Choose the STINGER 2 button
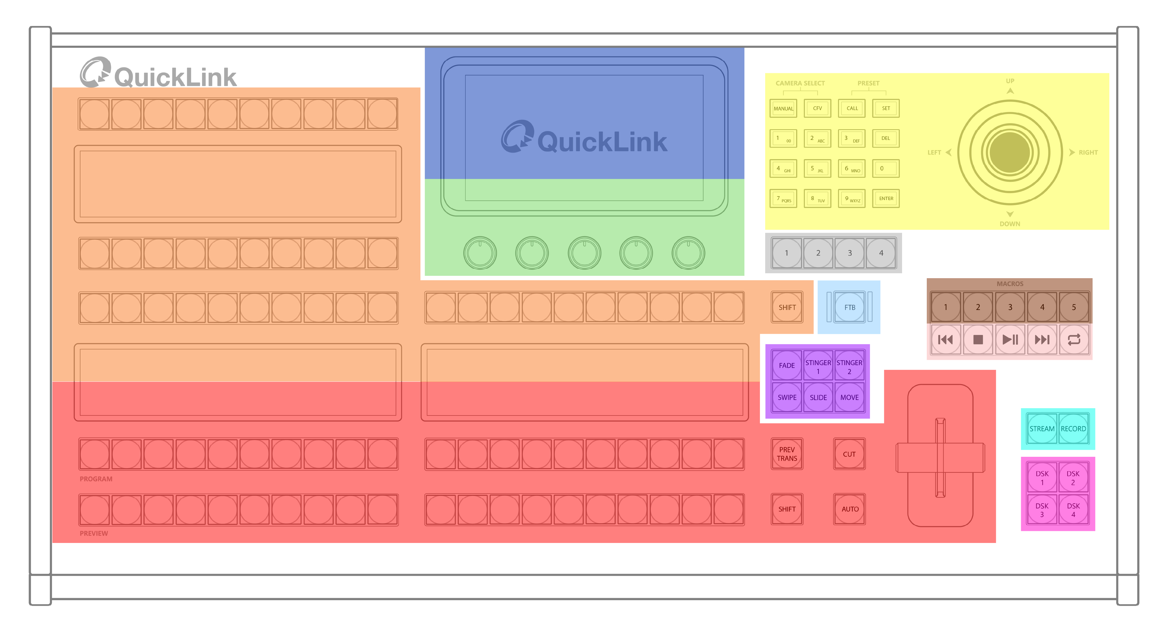pyautogui.click(x=849, y=366)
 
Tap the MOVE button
pyautogui.click(x=849, y=397)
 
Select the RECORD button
pyautogui.click(x=1073, y=428)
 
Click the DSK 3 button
pyautogui.click(x=1042, y=510)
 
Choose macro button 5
pyautogui.click(x=1074, y=307)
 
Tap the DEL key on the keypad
pyautogui.click(x=886, y=138)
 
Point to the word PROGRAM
pyautogui.click(x=96, y=479)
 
